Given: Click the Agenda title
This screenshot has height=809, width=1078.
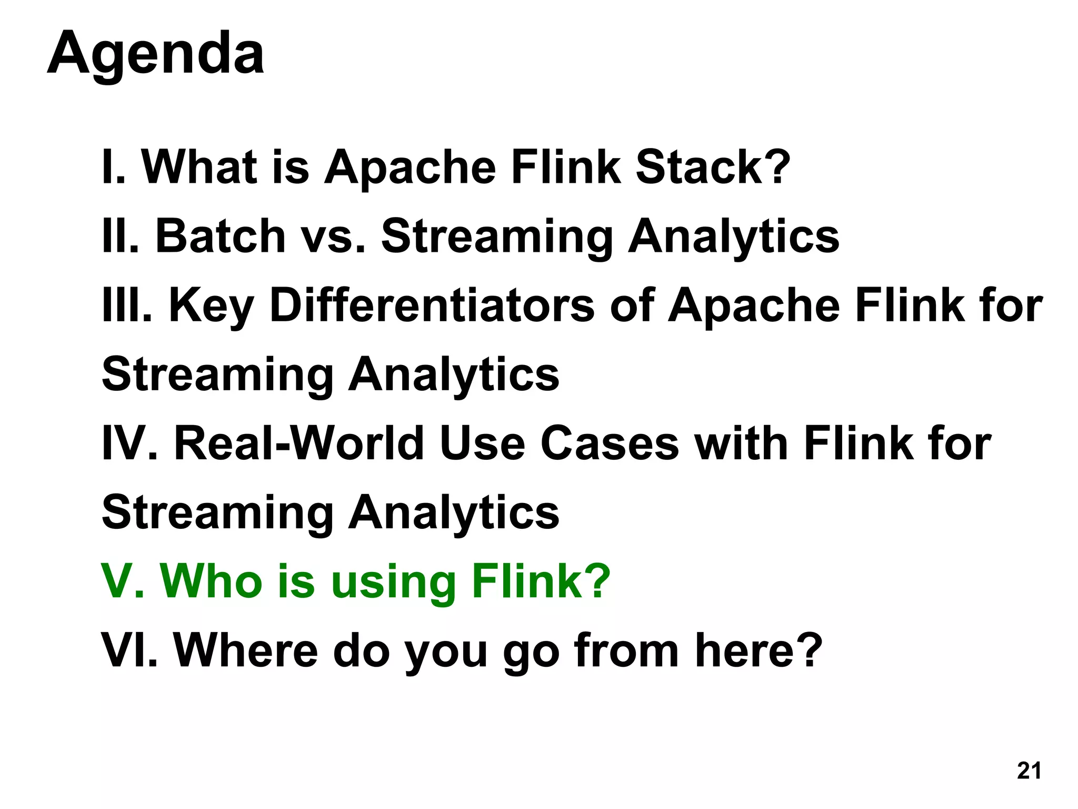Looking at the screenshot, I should coord(156,54).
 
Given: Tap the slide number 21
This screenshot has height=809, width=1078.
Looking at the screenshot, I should coord(1029,771).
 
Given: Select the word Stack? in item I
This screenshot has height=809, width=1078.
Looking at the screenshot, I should coord(713,167).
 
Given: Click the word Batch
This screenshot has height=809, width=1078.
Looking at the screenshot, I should coord(221,236).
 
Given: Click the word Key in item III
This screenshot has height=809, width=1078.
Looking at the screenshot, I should coord(211,307).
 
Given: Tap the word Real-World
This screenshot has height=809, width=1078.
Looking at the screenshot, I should coord(298,443).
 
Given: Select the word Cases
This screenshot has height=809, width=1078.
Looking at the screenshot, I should coord(610,443).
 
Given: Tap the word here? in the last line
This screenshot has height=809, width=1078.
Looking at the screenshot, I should coord(758,650).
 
